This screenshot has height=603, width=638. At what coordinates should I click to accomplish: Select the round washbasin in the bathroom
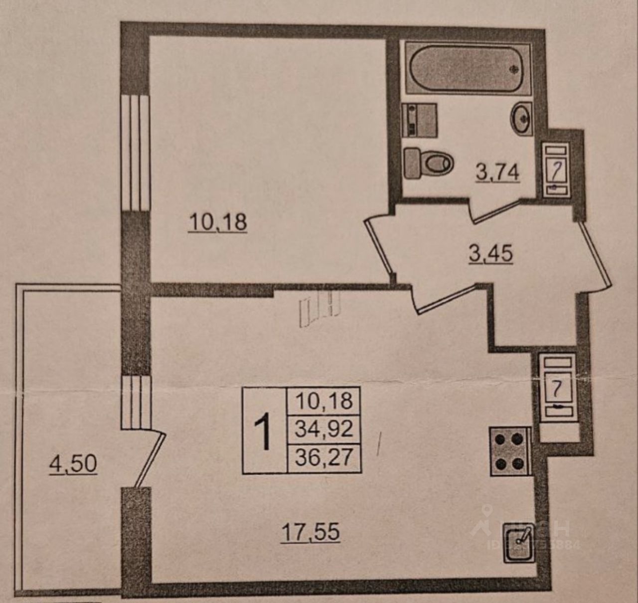[x=521, y=119]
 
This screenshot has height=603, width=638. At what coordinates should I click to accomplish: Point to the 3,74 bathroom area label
[x=497, y=172]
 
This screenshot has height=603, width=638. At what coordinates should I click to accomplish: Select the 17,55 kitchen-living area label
[x=311, y=532]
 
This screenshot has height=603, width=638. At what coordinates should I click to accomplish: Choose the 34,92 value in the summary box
[x=323, y=429]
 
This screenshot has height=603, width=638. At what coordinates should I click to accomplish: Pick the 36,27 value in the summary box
[x=323, y=457]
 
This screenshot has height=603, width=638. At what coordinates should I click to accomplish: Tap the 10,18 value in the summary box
[x=323, y=400]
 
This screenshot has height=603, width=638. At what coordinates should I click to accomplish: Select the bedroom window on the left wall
[x=136, y=152]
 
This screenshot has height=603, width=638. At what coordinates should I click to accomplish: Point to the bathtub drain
[x=514, y=69]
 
